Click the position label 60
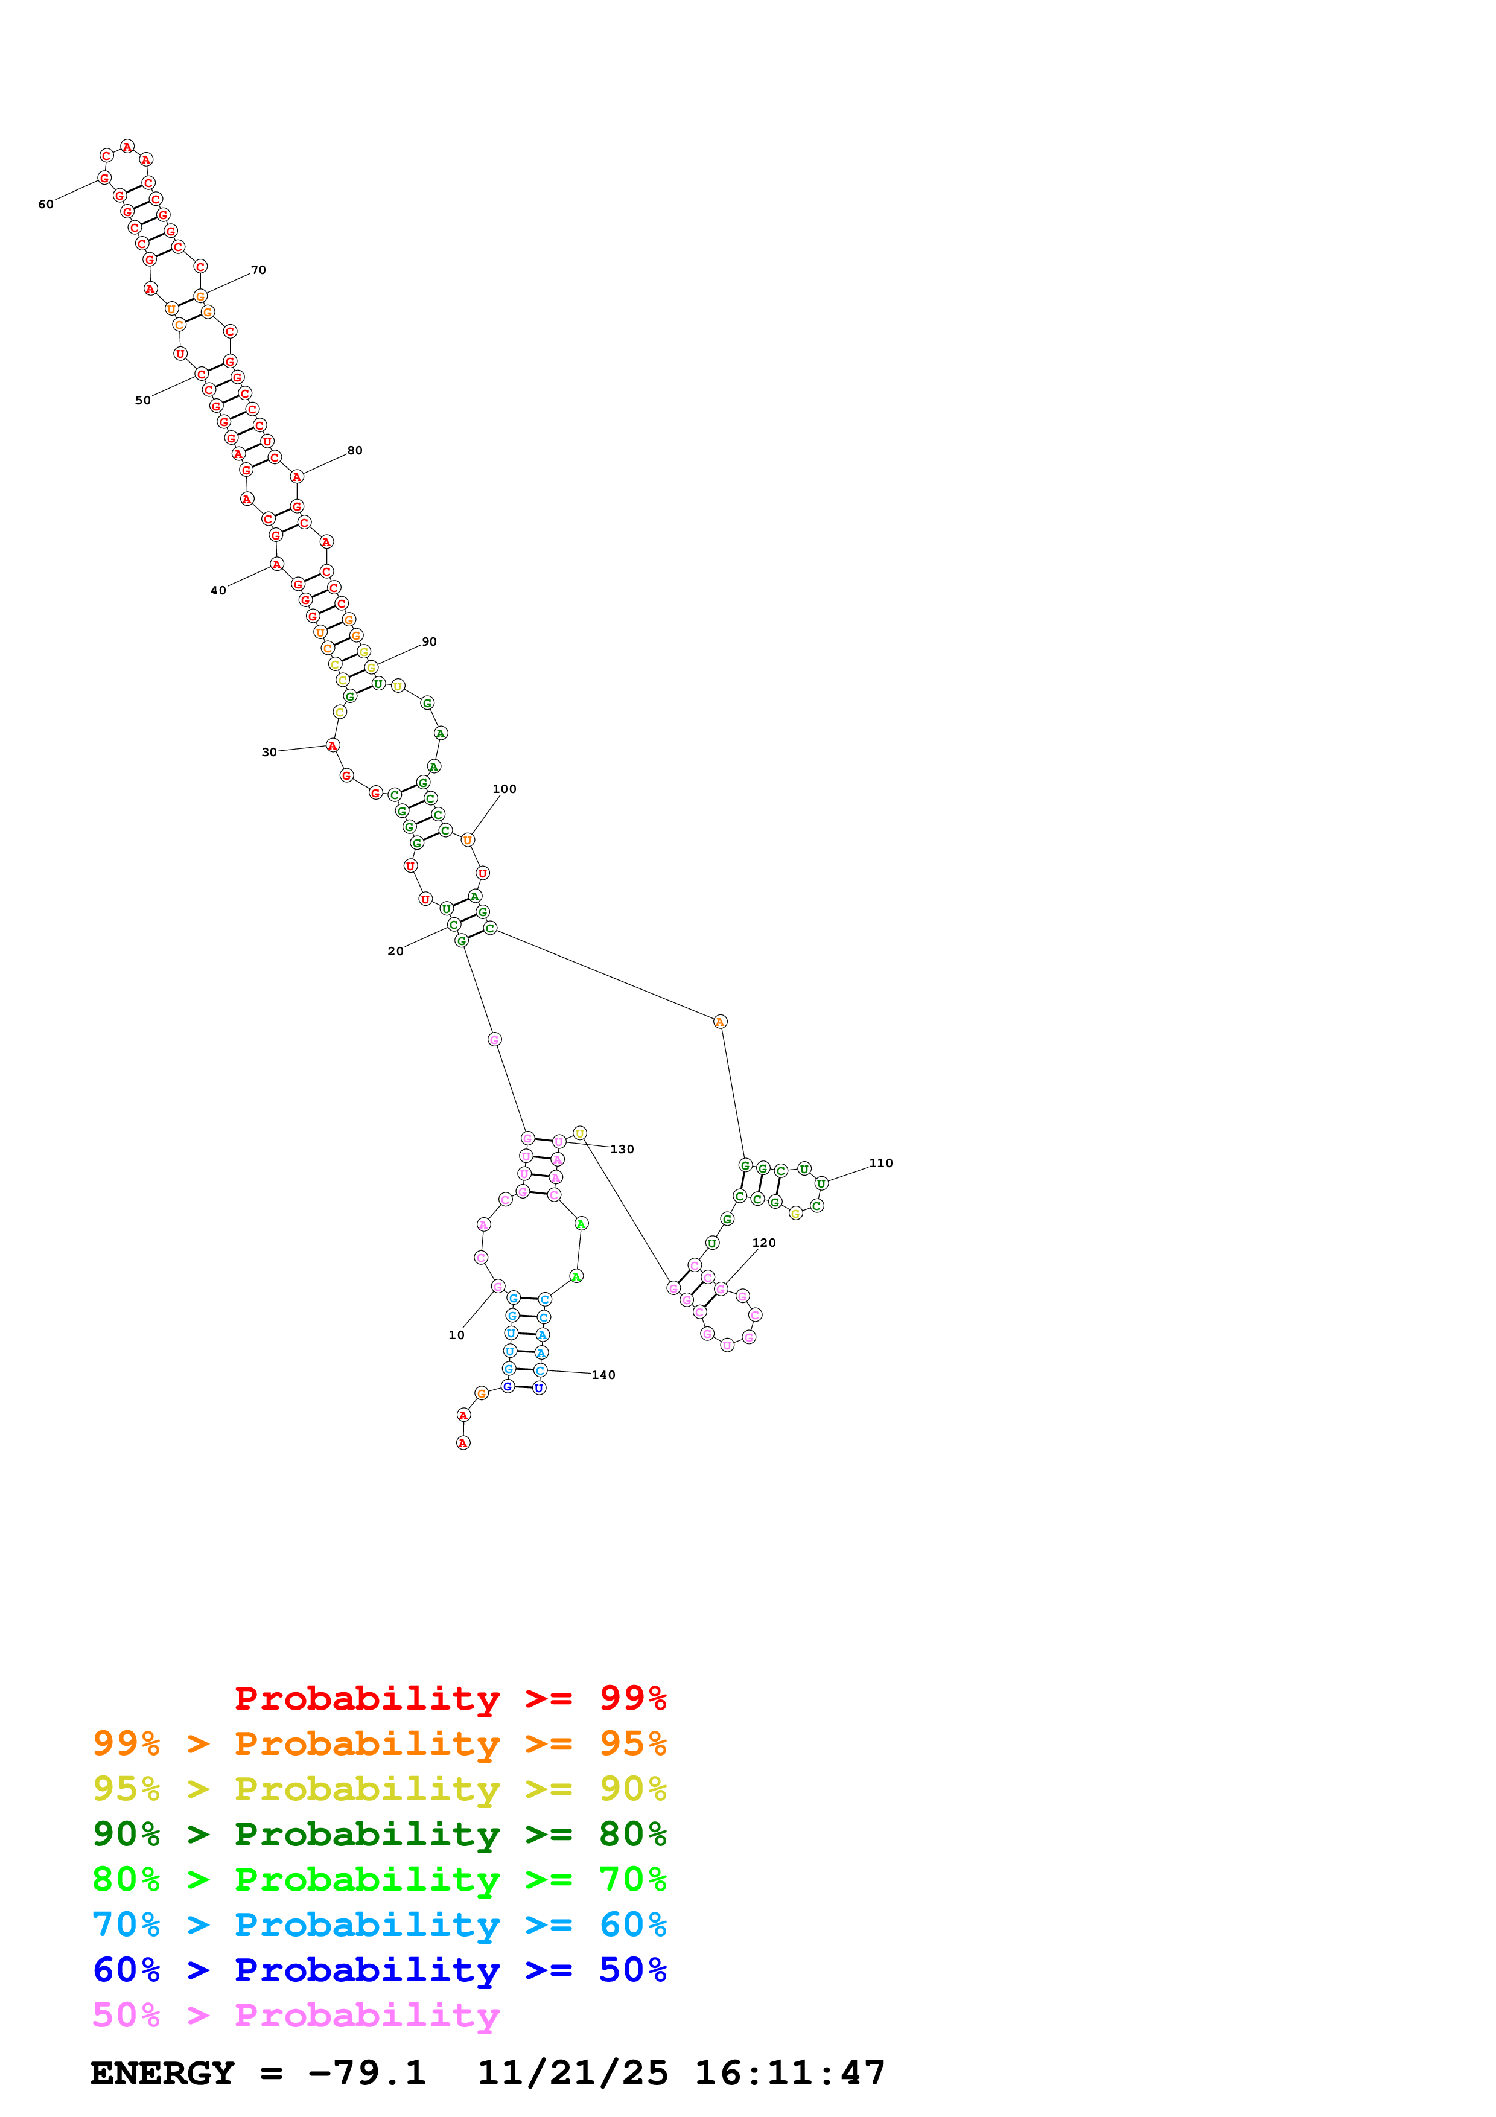point(46,205)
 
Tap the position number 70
point(258,270)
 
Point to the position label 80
point(355,451)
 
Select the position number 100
point(504,789)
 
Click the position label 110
point(880,1164)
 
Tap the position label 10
point(456,1335)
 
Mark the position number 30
point(269,753)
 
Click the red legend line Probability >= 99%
point(450,1698)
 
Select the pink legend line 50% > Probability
point(296,2016)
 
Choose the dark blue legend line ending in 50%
point(379,1970)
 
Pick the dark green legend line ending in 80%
point(379,1835)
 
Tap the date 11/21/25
point(573,2074)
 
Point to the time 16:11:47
point(790,2074)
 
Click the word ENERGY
point(162,2074)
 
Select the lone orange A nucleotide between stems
point(720,1022)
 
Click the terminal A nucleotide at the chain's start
point(463,1443)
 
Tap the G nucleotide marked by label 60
point(104,178)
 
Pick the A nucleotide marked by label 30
point(333,745)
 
